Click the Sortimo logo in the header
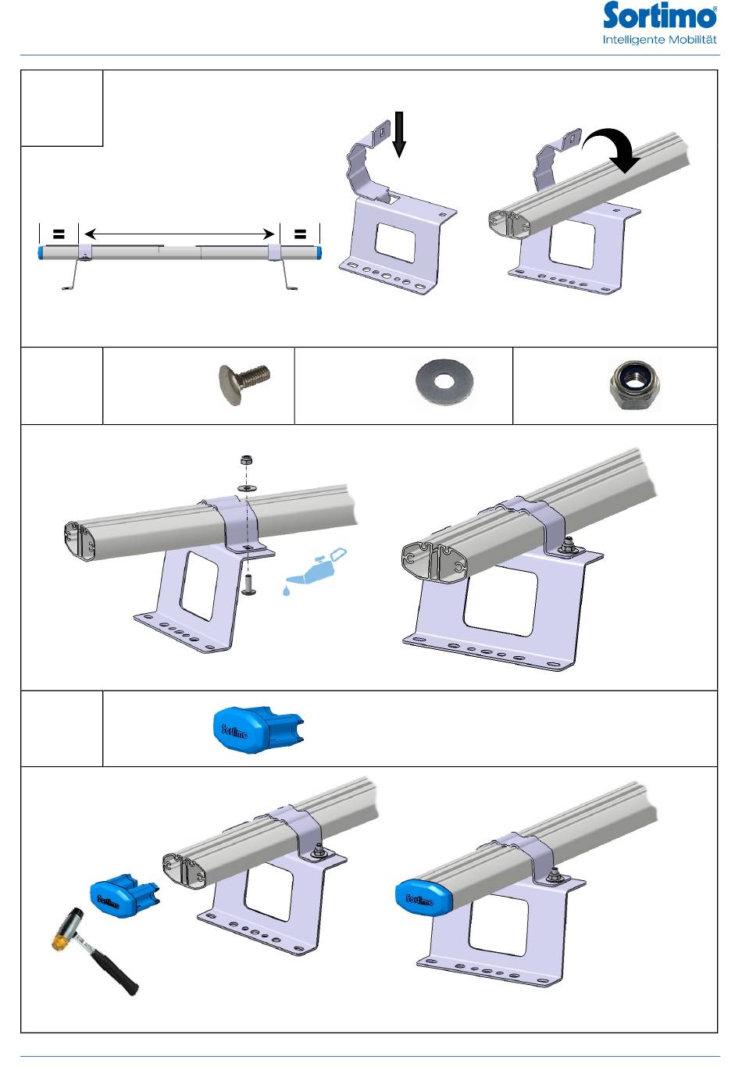click(x=659, y=16)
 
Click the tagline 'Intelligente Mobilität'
click(x=659, y=40)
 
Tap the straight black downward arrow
click(x=399, y=134)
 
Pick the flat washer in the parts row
click(x=444, y=382)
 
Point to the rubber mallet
click(x=95, y=951)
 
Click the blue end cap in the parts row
click(x=258, y=729)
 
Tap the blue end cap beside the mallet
click(x=124, y=896)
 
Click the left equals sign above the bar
click(x=59, y=234)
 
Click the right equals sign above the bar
click(x=300, y=234)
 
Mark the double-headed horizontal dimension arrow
click(x=179, y=234)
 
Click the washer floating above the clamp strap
click(x=247, y=488)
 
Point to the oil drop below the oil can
click(x=287, y=590)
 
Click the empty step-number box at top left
click(x=62, y=108)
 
